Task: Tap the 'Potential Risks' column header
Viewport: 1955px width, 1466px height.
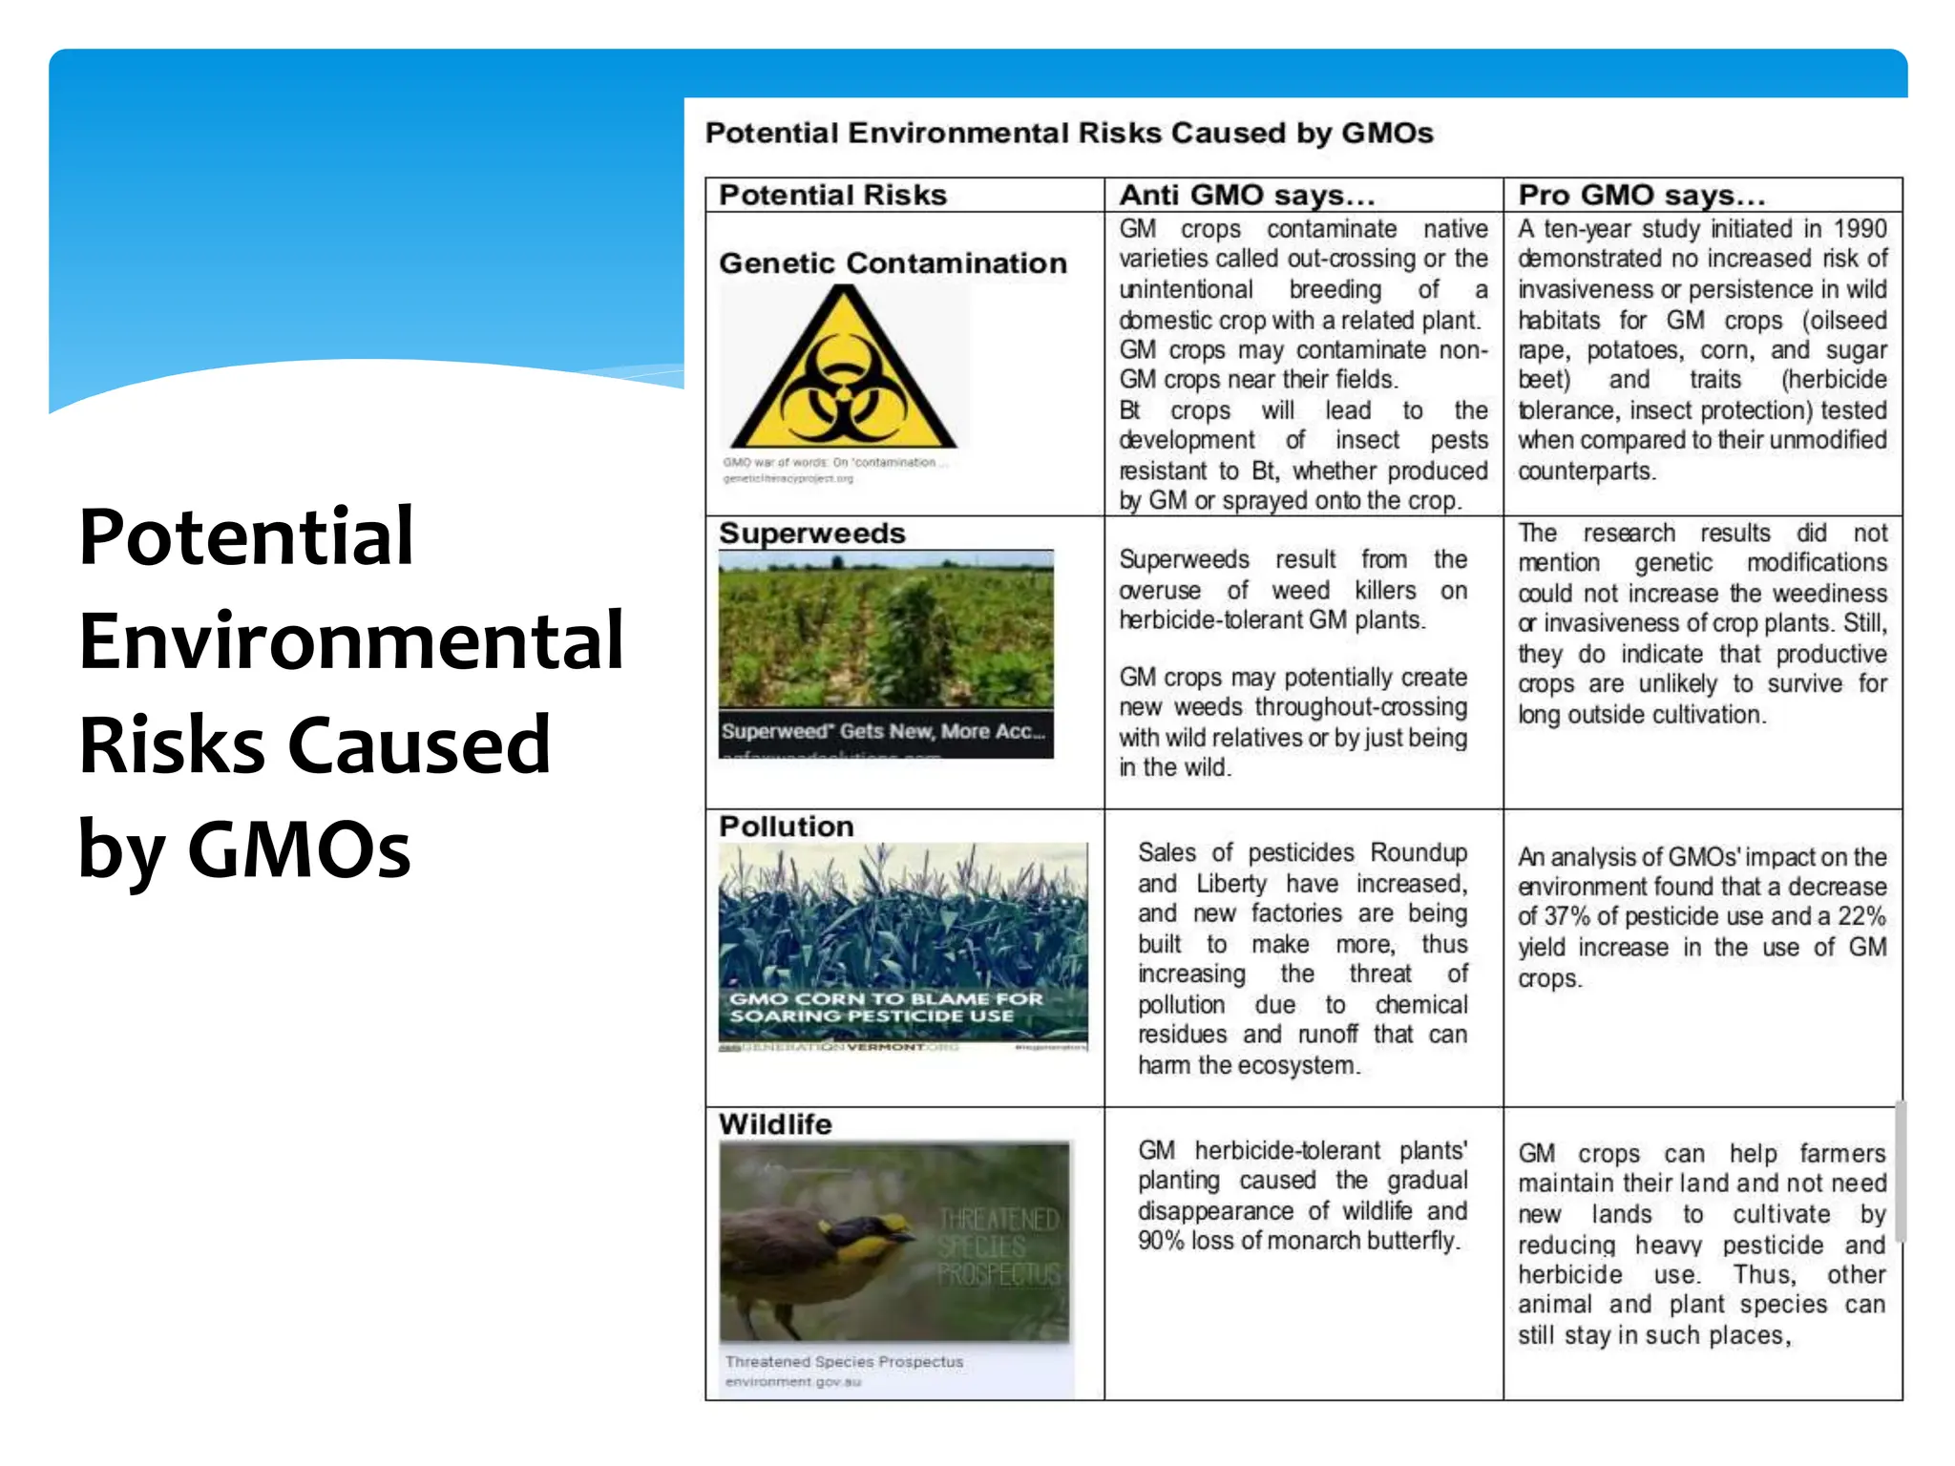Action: coord(832,195)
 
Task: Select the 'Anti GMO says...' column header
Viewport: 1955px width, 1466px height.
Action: coord(1247,195)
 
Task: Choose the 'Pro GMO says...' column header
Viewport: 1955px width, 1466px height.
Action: coord(1642,195)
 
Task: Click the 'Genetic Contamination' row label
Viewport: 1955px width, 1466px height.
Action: coord(893,262)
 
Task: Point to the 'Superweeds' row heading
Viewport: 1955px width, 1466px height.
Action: coord(811,533)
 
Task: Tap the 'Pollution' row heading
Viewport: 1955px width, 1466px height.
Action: coord(786,826)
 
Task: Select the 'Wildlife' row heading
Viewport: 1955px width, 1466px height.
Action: coord(774,1123)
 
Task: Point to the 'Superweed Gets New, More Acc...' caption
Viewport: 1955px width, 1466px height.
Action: coord(884,731)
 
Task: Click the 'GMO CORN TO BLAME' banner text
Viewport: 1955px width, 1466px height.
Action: coord(886,1007)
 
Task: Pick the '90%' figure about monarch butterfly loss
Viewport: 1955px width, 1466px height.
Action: coord(1161,1241)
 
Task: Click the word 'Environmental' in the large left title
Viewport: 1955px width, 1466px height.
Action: coord(351,640)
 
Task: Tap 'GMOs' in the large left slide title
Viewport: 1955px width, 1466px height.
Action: coord(299,848)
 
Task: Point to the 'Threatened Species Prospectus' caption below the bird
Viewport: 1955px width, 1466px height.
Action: coord(844,1361)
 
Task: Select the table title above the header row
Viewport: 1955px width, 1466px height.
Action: coord(1068,133)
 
